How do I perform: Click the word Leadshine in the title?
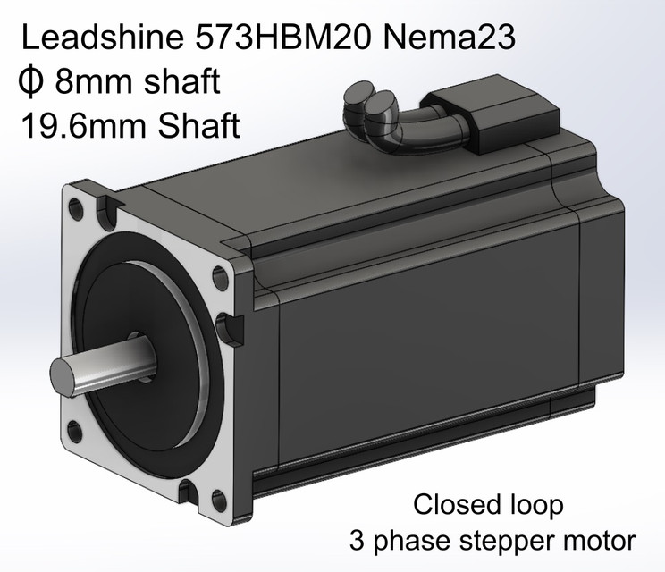[102, 37]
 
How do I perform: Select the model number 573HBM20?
[283, 37]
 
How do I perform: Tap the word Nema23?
[449, 37]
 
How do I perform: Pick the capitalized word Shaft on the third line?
[199, 126]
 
